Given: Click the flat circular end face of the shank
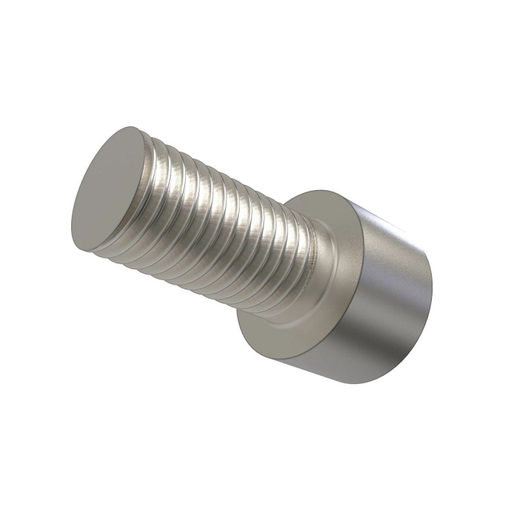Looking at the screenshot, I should pyautogui.click(x=107, y=189).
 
